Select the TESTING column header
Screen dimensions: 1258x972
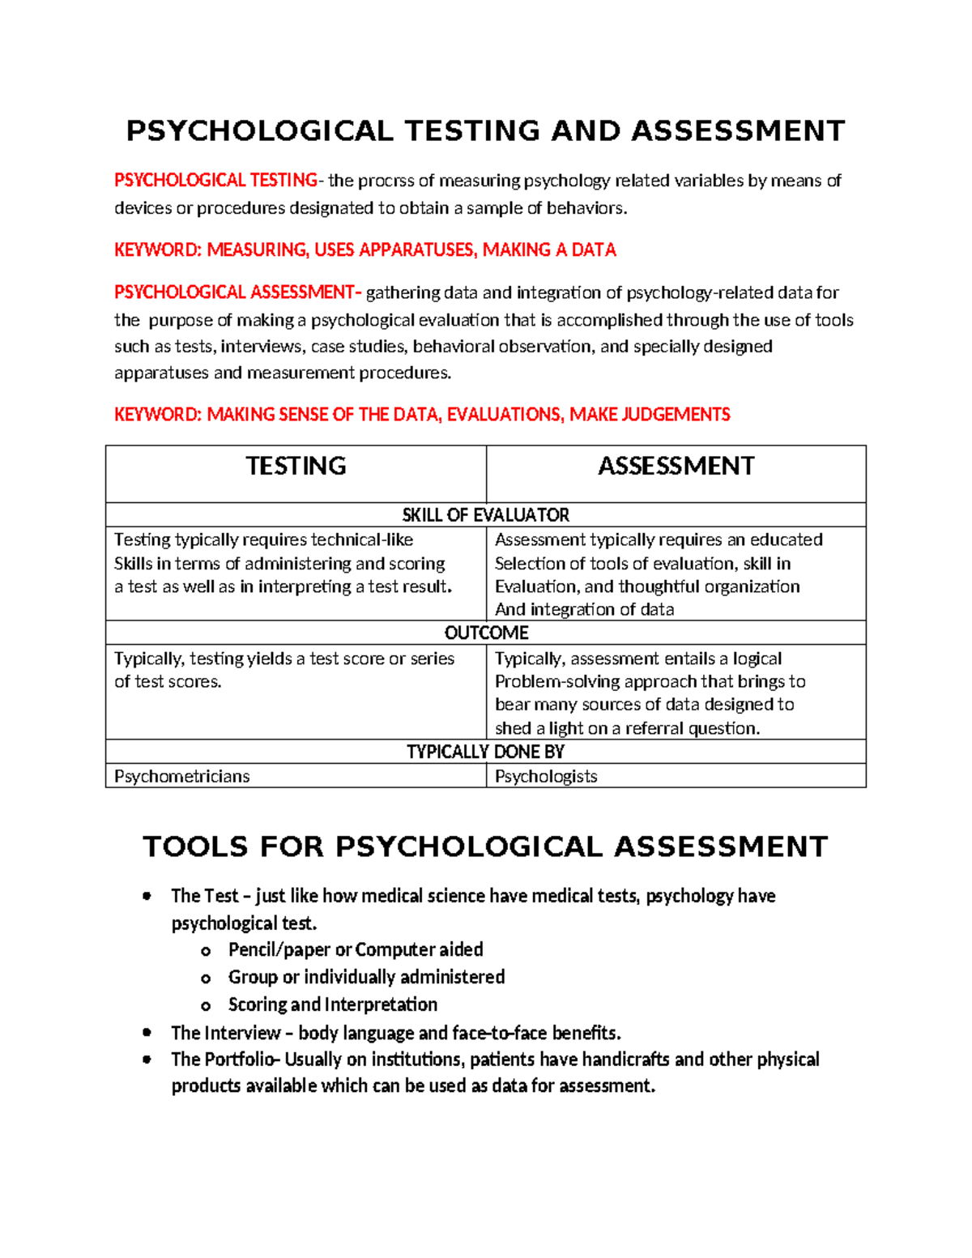pyautogui.click(x=296, y=466)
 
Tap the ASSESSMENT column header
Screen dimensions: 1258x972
pyautogui.click(x=676, y=466)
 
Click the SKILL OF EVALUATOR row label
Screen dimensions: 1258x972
pyautogui.click(x=485, y=515)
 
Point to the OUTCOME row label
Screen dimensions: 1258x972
pyautogui.click(x=486, y=633)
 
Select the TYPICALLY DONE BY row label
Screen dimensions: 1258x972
pyautogui.click(x=485, y=752)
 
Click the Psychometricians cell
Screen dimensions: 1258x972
pyautogui.click(x=181, y=776)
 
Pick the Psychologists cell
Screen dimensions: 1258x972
pyautogui.click(x=546, y=776)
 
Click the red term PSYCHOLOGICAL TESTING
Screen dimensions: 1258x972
pyautogui.click(x=215, y=181)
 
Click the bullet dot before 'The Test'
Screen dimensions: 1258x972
pyautogui.click(x=147, y=896)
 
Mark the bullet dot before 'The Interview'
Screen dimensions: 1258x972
pyautogui.click(x=147, y=1033)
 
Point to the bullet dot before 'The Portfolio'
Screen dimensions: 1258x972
pyautogui.click(x=147, y=1060)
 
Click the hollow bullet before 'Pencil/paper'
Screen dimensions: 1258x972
pyautogui.click(x=206, y=951)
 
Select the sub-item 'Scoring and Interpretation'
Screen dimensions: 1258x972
pyautogui.click(x=332, y=1004)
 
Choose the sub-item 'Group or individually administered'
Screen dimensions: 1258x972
pyautogui.click(x=366, y=977)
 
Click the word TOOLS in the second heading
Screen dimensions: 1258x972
pyautogui.click(x=195, y=846)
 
